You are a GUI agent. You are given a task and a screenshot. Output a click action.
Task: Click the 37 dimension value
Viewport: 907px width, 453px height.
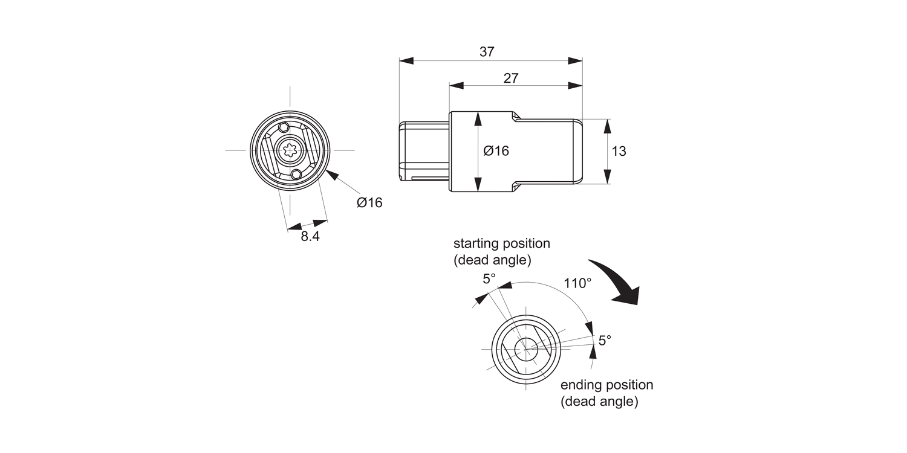pyautogui.click(x=487, y=52)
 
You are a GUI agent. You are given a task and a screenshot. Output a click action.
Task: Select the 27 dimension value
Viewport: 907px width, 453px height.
pyautogui.click(x=511, y=78)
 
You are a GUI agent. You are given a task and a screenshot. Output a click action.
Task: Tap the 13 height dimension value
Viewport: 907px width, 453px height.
pyautogui.click(x=619, y=152)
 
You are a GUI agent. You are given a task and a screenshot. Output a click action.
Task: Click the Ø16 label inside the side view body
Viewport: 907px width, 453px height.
pyautogui.click(x=496, y=151)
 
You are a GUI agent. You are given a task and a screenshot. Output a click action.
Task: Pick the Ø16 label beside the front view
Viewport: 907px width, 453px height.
pyautogui.click(x=369, y=203)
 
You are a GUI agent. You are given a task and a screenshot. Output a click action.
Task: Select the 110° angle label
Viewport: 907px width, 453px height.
pyautogui.click(x=577, y=283)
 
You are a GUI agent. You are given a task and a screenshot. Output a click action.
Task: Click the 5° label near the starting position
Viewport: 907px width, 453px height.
pyautogui.click(x=489, y=278)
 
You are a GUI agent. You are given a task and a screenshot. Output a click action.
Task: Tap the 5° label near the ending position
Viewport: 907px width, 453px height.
pyautogui.click(x=605, y=340)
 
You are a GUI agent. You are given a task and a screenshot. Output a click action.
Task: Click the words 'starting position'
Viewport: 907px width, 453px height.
pyautogui.click(x=502, y=243)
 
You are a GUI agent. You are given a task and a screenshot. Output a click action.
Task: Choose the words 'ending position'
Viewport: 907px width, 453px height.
pyautogui.click(x=606, y=385)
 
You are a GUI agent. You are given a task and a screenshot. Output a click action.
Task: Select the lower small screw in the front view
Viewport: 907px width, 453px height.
pyautogui.click(x=296, y=174)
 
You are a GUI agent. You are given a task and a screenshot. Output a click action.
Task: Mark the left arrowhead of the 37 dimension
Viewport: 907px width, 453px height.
pyautogui.click(x=406, y=61)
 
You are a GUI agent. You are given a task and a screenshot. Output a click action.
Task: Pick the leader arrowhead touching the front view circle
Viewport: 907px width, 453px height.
pyautogui.click(x=331, y=175)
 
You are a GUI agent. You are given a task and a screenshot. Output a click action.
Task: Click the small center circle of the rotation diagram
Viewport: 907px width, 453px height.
pyautogui.click(x=526, y=349)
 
